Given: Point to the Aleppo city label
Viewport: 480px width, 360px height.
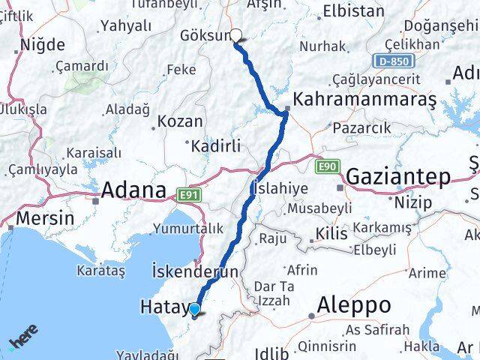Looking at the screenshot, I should coord(354,304).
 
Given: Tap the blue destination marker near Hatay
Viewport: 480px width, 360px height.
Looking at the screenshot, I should coord(195,309).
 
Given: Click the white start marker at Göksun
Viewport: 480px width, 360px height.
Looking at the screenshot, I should coord(236,34).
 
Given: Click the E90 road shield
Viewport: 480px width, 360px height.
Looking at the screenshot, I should coord(327,166).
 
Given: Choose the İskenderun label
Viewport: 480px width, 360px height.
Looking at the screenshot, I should coord(195,271).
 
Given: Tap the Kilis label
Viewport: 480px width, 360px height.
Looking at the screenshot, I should coord(331,234).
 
